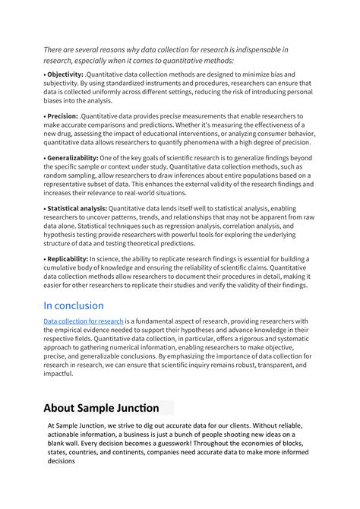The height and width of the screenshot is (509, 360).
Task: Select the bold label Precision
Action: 62,116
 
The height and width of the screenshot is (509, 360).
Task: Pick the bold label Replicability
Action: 68,258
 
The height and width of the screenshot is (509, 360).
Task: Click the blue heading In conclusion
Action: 73,305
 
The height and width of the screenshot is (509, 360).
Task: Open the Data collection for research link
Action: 83,322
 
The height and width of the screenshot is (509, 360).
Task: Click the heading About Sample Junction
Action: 101,408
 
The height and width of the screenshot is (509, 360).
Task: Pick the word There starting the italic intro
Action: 55,50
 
